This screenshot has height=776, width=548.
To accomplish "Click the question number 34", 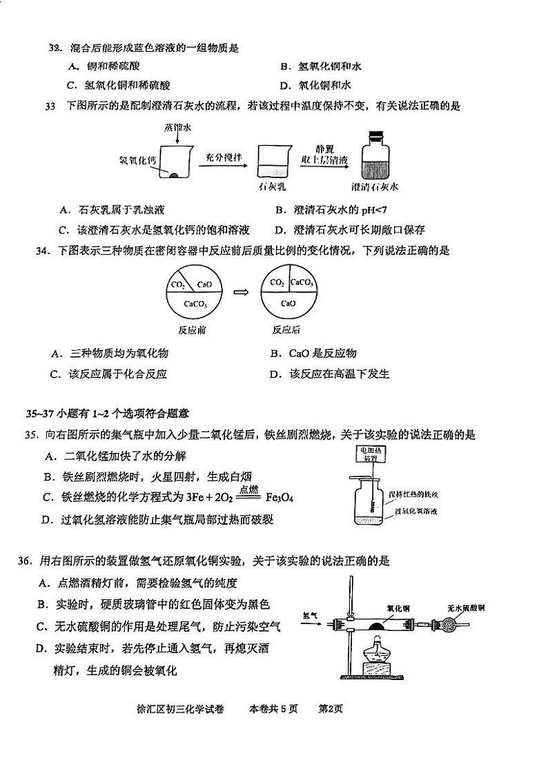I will (x=43, y=251).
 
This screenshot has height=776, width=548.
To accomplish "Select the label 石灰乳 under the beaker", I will (x=271, y=187).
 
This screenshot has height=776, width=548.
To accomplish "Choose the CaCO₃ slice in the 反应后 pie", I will (x=302, y=282).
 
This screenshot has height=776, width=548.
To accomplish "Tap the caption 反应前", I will (x=193, y=329).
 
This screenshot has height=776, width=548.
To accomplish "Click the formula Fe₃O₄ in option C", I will (x=280, y=497).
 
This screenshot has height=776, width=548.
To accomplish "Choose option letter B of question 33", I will (x=280, y=211).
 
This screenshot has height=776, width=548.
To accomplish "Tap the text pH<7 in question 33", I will (x=376, y=211).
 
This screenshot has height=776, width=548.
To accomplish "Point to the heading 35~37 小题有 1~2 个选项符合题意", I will (x=107, y=414).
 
